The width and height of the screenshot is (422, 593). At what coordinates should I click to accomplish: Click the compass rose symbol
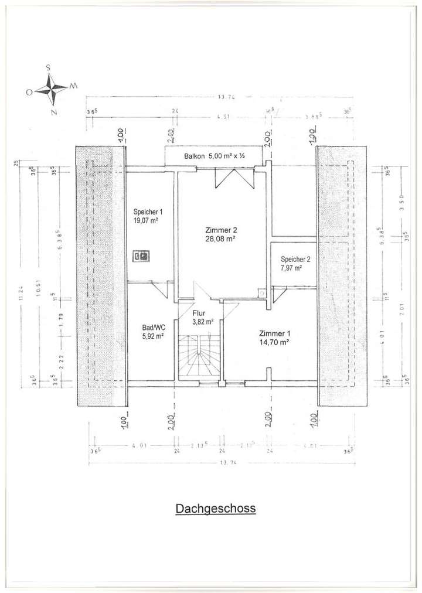(52, 89)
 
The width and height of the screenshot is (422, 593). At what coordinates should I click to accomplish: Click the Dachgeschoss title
(215, 509)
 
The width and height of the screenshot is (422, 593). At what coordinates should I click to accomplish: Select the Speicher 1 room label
(147, 212)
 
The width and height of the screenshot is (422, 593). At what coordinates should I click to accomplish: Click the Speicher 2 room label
(295, 259)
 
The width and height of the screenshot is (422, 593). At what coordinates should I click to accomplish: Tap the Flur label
(199, 313)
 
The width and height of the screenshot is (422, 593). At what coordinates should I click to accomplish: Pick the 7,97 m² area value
(291, 268)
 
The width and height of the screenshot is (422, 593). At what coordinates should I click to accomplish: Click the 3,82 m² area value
(203, 322)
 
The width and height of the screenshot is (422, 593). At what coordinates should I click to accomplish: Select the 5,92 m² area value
(152, 336)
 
